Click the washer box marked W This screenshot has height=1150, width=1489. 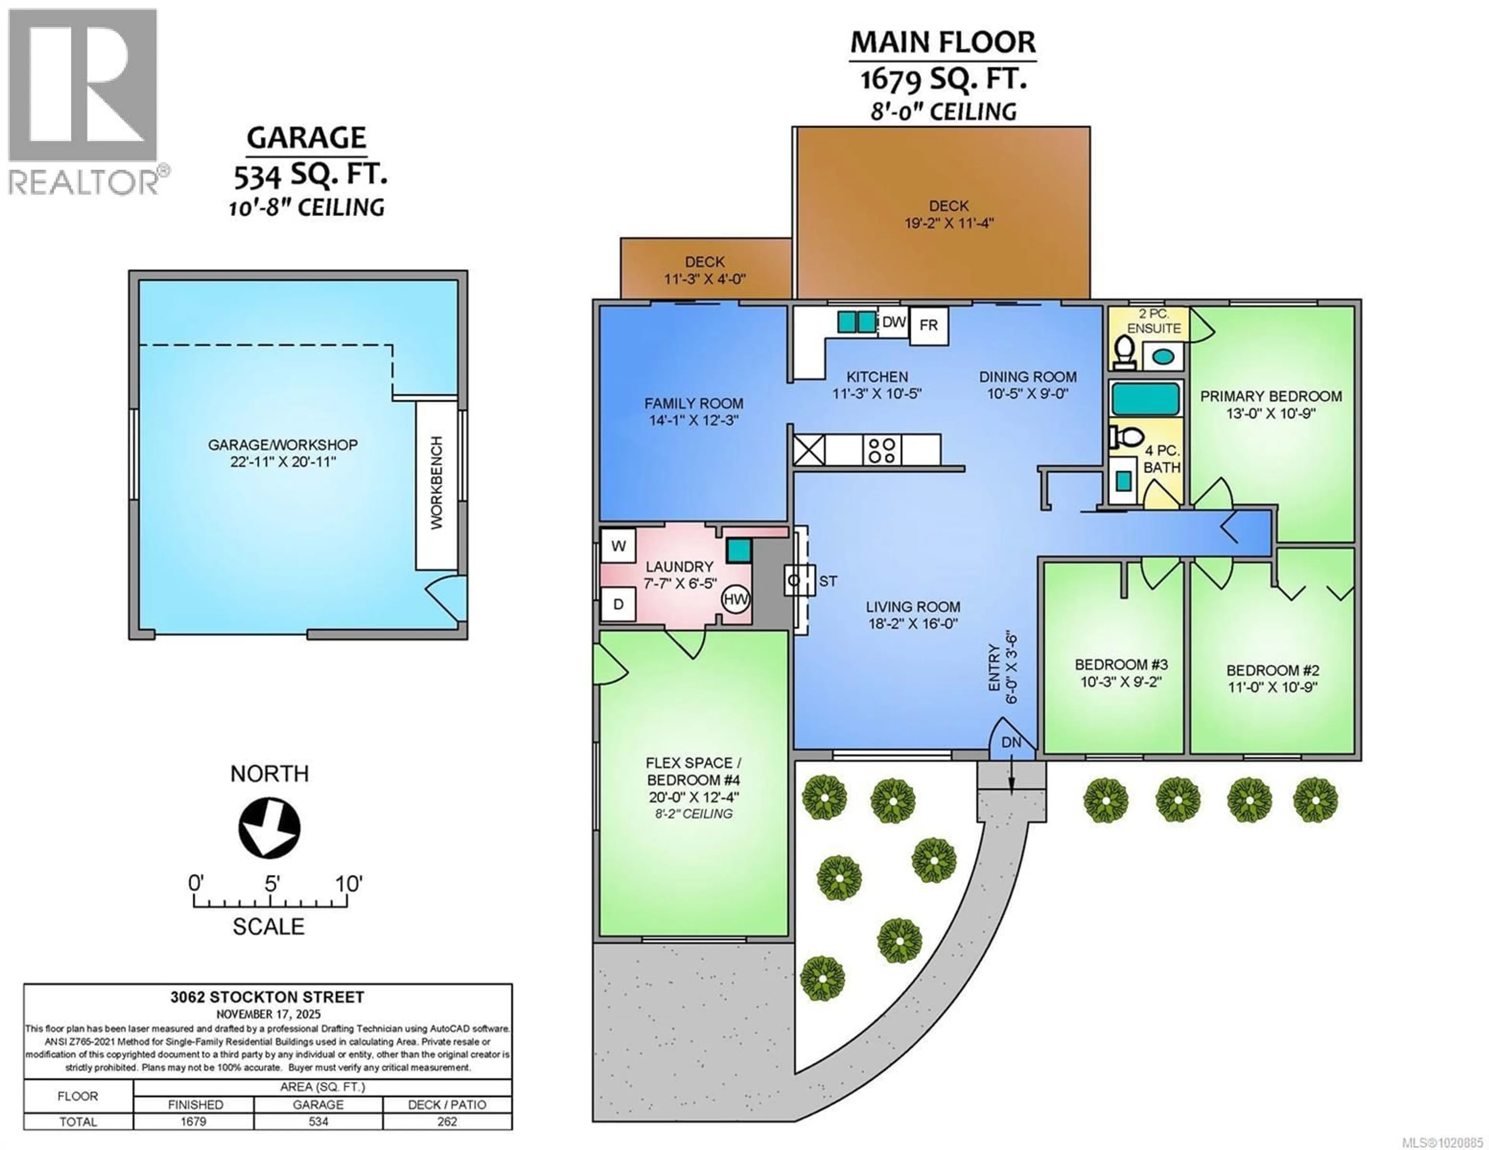[618, 545]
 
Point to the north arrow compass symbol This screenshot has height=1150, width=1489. [269, 828]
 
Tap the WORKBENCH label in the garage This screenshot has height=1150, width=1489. [436, 483]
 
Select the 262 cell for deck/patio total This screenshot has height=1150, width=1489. [447, 1121]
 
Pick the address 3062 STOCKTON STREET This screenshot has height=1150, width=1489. [267, 997]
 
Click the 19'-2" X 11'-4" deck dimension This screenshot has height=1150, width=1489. [949, 223]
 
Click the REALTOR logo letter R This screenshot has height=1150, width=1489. [83, 85]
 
